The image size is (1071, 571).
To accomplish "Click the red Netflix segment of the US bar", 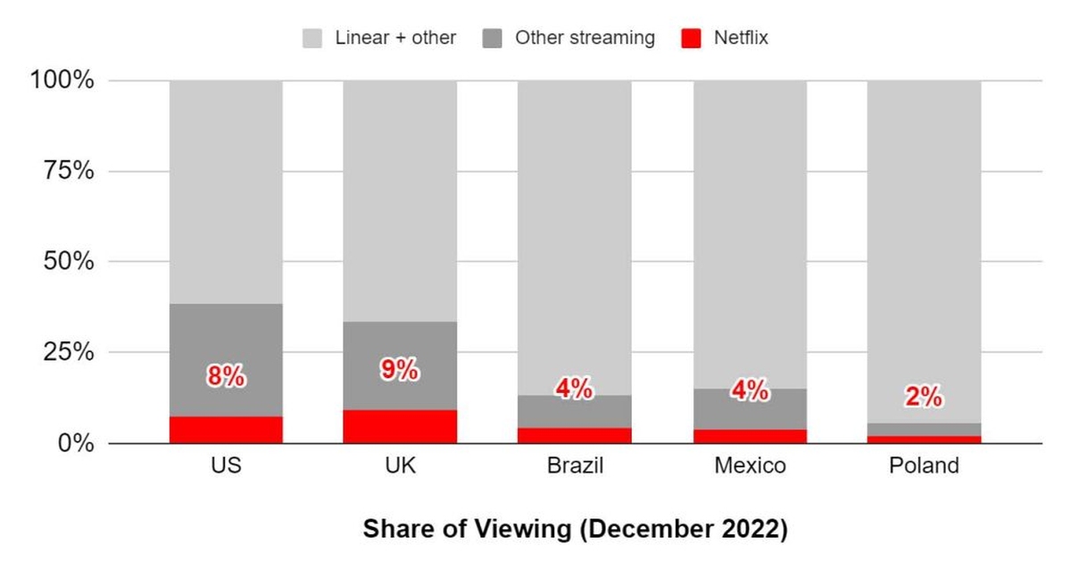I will click(x=226, y=430).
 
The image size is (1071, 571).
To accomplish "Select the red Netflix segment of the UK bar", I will click(x=400, y=426).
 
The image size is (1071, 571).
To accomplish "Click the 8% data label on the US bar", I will click(x=226, y=377).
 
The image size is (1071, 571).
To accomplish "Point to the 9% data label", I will click(x=400, y=370).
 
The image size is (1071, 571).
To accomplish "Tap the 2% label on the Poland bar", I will click(x=924, y=398).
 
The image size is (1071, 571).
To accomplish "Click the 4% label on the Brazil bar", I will click(x=574, y=389).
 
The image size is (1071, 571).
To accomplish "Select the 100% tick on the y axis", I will click(x=62, y=81).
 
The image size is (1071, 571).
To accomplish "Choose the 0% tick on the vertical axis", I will click(x=75, y=443).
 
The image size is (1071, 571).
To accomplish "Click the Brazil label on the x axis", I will click(x=574, y=466).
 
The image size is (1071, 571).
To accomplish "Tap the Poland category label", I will click(x=924, y=466).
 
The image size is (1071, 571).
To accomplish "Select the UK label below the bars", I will click(x=400, y=466).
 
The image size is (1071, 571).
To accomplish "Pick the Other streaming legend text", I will click(x=585, y=38).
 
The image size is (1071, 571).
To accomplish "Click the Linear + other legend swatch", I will click(x=312, y=38).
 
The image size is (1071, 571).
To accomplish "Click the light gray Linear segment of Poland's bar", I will click(x=924, y=250).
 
